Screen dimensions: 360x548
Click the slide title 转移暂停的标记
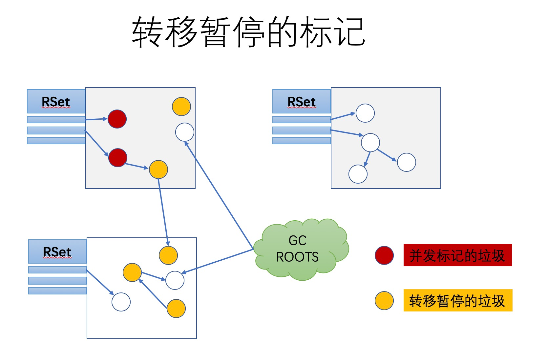[248, 32]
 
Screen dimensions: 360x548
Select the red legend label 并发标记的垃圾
[457, 255]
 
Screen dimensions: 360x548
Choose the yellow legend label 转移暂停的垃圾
[457, 300]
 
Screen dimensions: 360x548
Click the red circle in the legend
[384, 255]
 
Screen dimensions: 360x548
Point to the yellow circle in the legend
[384, 301]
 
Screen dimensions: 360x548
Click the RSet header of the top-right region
[301, 101]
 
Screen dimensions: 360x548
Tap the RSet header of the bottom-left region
[57, 251]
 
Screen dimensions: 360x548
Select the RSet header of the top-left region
[56, 101]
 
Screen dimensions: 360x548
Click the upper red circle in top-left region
[117, 119]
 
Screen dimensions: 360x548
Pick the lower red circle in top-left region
[118, 157]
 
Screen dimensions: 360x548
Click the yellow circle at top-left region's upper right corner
[181, 106]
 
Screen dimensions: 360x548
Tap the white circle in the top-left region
[185, 132]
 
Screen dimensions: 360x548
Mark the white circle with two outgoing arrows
[370, 143]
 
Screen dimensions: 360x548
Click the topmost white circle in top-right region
[365, 113]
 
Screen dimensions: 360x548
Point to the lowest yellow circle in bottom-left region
[176, 308]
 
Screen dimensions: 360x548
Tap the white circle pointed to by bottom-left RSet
[121, 302]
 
